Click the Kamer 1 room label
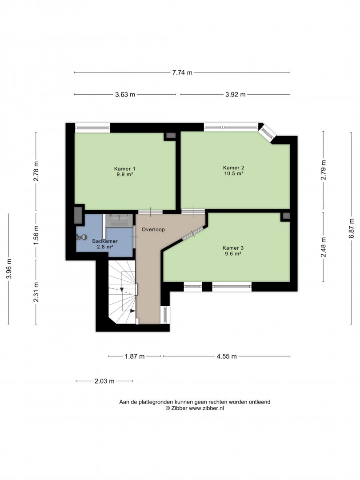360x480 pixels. pyautogui.click(x=124, y=169)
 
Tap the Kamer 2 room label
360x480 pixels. pyautogui.click(x=234, y=168)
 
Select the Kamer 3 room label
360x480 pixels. pyautogui.click(x=233, y=248)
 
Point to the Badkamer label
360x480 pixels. pyautogui.click(x=105, y=241)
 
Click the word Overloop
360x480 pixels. pyautogui.click(x=153, y=229)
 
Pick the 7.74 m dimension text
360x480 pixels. pyautogui.click(x=182, y=72)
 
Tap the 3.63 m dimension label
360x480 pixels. pyautogui.click(x=125, y=95)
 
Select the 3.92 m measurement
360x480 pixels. pyautogui.click(x=236, y=95)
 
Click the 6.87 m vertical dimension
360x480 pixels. pyautogui.click(x=352, y=228)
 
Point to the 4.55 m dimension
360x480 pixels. pyautogui.click(x=227, y=356)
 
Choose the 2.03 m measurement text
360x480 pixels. pyautogui.click(x=104, y=381)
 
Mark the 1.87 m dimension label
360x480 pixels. pyautogui.click(x=134, y=356)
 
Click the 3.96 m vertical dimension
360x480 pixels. pyautogui.click(x=9, y=269)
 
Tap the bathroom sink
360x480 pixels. pyautogui.click(x=119, y=220)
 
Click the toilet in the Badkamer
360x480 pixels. pyautogui.click(x=81, y=237)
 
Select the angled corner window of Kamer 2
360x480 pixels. pyautogui.click(x=267, y=133)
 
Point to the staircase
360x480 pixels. pyautogui.click(x=123, y=292)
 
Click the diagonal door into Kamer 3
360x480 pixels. pyautogui.click(x=193, y=234)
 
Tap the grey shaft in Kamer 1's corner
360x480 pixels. pyautogui.click(x=171, y=136)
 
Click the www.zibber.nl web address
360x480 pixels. pyautogui.click(x=206, y=408)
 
